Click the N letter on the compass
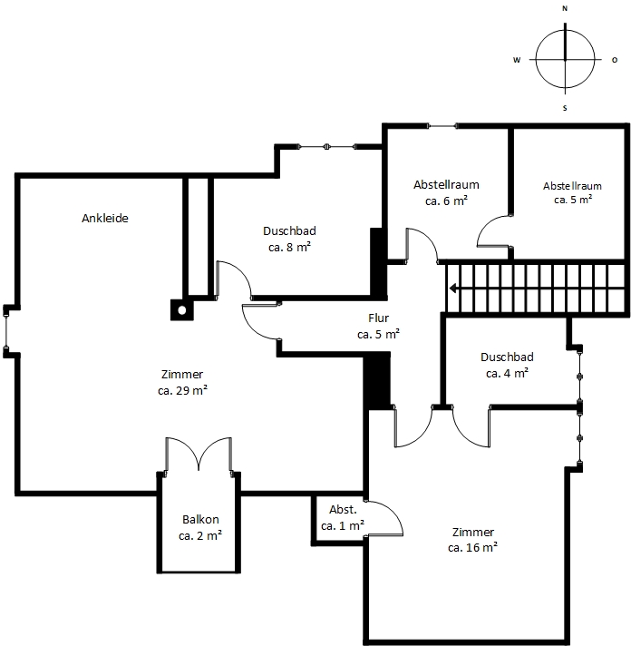pyautogui.click(x=565, y=8)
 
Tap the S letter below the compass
pyautogui.click(x=565, y=108)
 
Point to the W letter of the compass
pyautogui.click(x=517, y=60)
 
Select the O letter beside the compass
pyautogui.click(x=615, y=60)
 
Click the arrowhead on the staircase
pyautogui.click(x=452, y=288)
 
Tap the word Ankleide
pyautogui.click(x=105, y=218)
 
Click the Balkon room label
pyautogui.click(x=200, y=519)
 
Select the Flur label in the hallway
pyautogui.click(x=379, y=318)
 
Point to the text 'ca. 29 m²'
pyautogui.click(x=182, y=390)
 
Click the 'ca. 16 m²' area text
pyautogui.click(x=472, y=547)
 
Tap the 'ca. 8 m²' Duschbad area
pyautogui.click(x=289, y=247)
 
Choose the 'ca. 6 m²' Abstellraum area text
pyautogui.click(x=446, y=201)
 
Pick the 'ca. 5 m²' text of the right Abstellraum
pyautogui.click(x=573, y=200)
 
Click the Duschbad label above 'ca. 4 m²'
pyautogui.click(x=507, y=357)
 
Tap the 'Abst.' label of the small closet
pyautogui.click(x=343, y=510)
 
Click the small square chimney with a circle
pyautogui.click(x=182, y=309)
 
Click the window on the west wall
pyautogui.click(x=5, y=331)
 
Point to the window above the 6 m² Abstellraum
pyautogui.click(x=442, y=126)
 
